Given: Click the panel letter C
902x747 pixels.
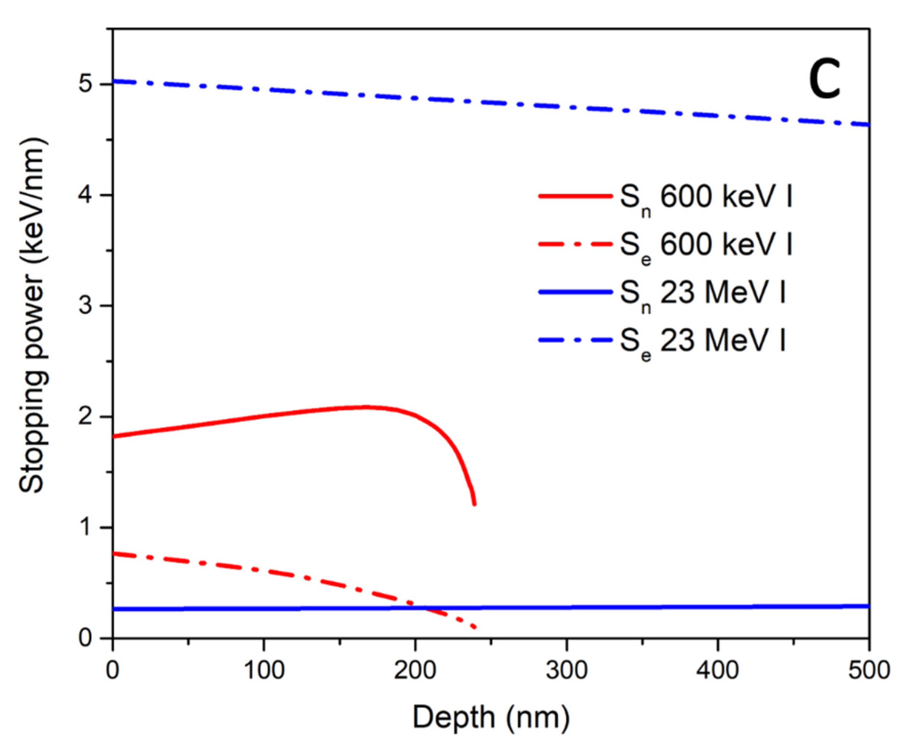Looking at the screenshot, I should (824, 83).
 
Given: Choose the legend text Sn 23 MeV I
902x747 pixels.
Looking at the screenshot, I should (702, 295).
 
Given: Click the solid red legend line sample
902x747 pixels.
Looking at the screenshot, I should (575, 196).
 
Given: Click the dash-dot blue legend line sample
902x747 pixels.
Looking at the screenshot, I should (575, 340).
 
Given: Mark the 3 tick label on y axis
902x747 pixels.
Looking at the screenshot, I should (86, 306).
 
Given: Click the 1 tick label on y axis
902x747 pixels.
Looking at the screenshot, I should (86, 527).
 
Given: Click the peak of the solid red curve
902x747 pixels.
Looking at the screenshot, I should (365, 406).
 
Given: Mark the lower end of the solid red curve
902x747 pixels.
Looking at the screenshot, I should (474, 504).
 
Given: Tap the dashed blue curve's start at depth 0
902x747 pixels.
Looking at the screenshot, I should (114, 81).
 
